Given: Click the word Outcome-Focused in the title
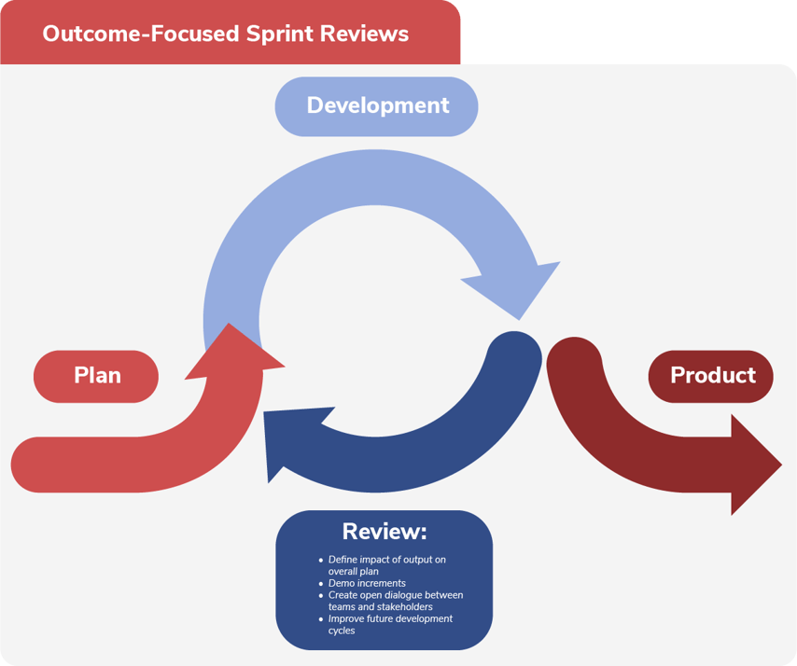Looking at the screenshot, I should pyautogui.click(x=141, y=34).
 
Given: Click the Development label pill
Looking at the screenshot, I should pyautogui.click(x=377, y=105).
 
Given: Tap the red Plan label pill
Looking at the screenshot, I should pyautogui.click(x=97, y=376).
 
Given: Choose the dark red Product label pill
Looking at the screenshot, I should pyautogui.click(x=712, y=376).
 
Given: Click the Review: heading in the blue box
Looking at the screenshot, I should pyautogui.click(x=384, y=532).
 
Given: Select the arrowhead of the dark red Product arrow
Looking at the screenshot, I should pyautogui.click(x=757, y=465).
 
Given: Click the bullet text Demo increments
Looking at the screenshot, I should pyautogui.click(x=367, y=583).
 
